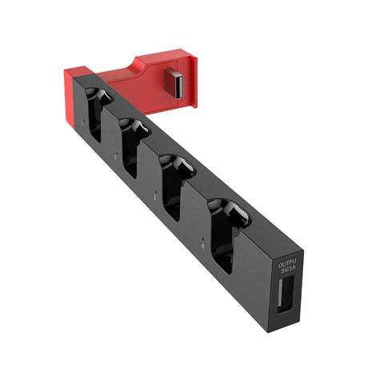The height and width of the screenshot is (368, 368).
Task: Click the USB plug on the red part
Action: [x=174, y=83]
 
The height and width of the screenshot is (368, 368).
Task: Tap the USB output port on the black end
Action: [x=286, y=294]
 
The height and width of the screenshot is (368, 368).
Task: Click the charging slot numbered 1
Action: [x=97, y=114]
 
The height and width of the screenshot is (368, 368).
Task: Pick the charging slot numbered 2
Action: [x=133, y=146]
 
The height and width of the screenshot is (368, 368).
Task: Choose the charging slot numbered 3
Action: [x=174, y=185]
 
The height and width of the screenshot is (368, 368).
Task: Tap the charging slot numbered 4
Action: [x=226, y=233]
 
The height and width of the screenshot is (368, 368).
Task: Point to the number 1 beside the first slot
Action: [x=82, y=124]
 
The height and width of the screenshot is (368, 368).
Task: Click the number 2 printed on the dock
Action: [x=115, y=158]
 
